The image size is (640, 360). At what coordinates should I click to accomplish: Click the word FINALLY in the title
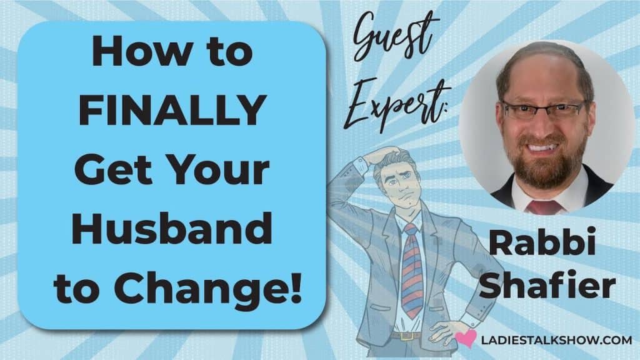[x=173, y=110]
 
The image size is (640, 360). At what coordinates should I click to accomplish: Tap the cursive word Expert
[x=395, y=104]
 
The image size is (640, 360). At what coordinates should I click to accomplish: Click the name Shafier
[x=547, y=284]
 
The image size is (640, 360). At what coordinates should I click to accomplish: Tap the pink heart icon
[x=466, y=338]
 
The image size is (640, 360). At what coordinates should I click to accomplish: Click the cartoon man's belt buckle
[x=405, y=336]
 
